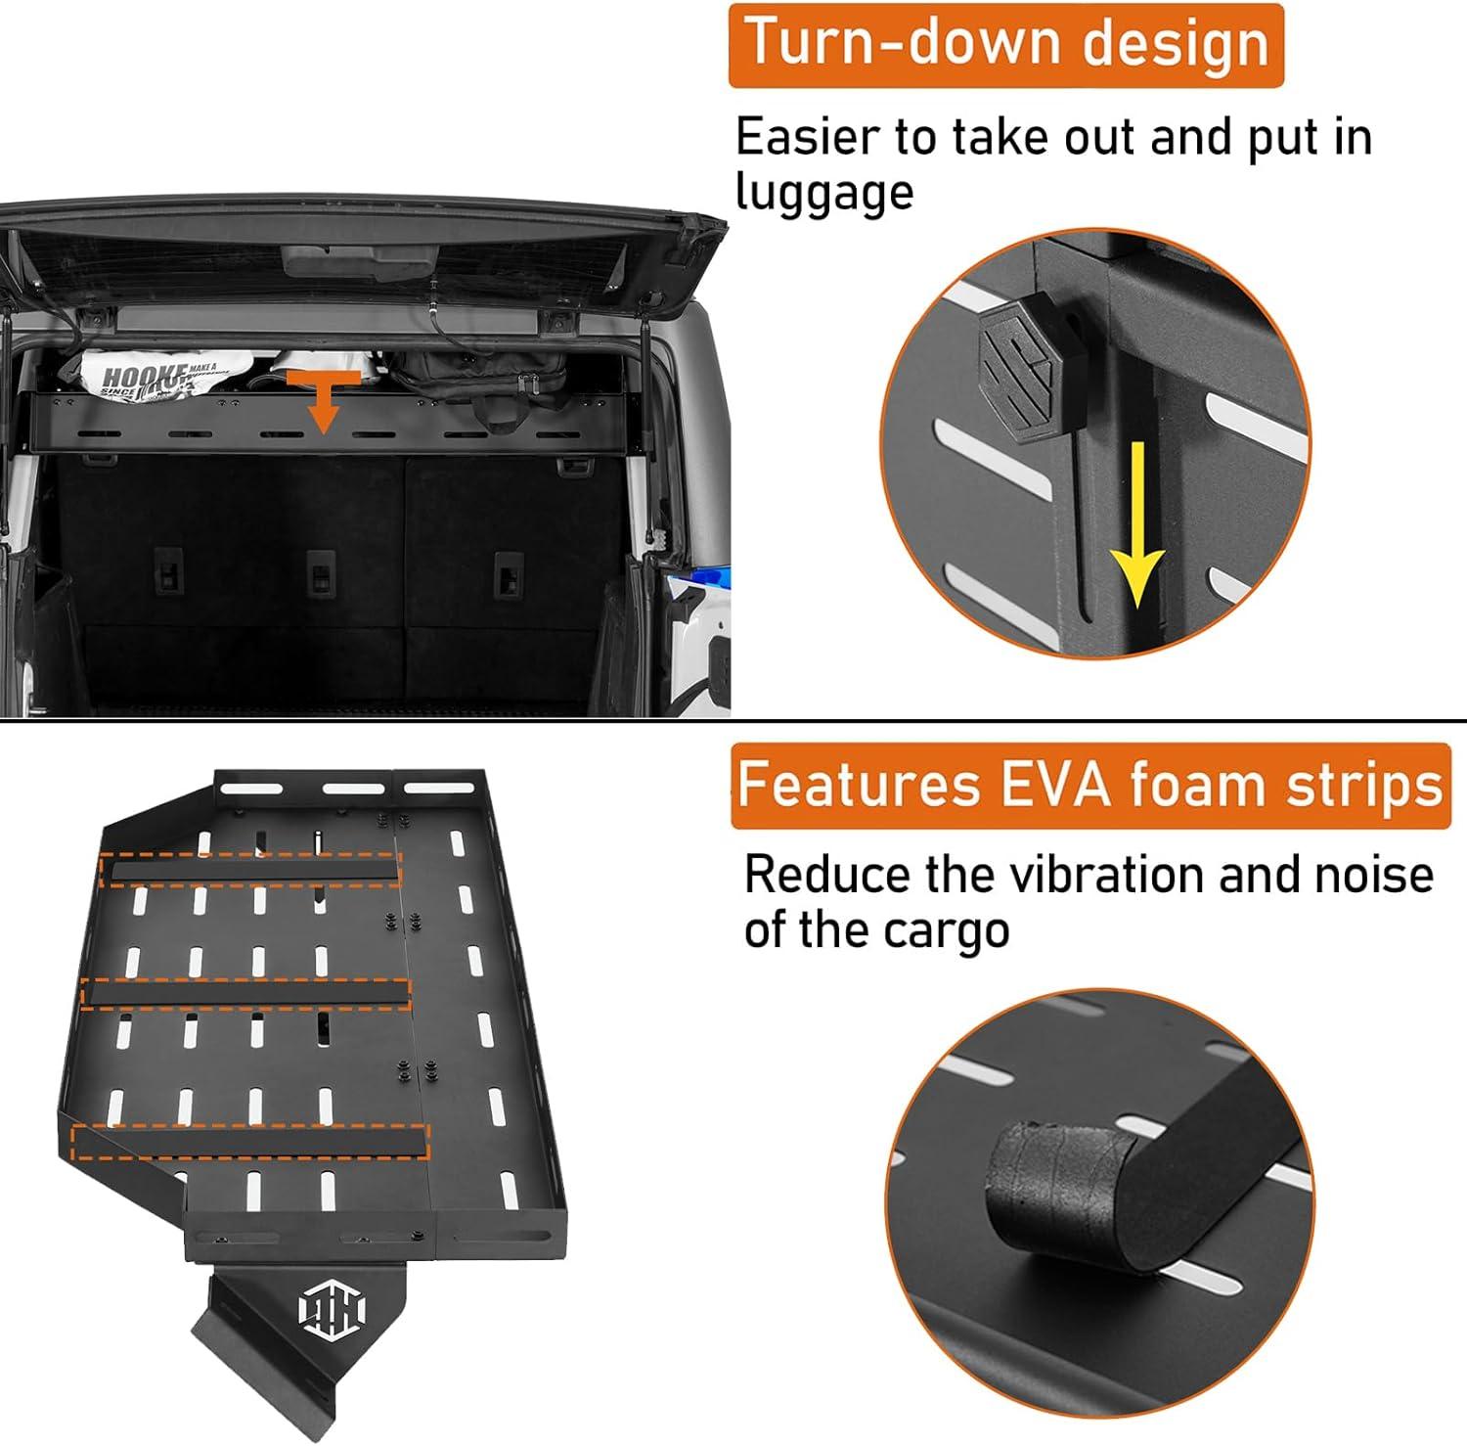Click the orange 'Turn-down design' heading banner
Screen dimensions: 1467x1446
(x=1005, y=45)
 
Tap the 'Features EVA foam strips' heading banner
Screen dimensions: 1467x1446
(x=1090, y=786)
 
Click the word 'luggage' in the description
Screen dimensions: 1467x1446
(x=824, y=192)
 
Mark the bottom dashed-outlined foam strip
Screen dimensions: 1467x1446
(x=250, y=1141)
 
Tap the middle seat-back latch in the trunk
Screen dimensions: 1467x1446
(x=320, y=571)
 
